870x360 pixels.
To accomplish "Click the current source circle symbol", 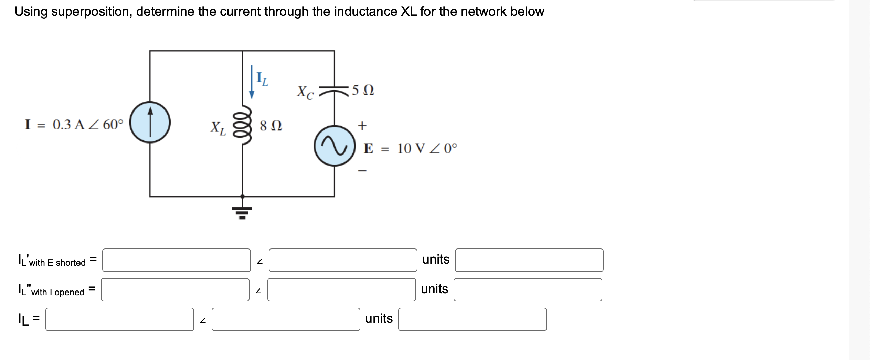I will [150, 122].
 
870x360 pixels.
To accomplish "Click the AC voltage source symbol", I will [335, 146].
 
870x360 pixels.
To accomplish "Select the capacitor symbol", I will [334, 90].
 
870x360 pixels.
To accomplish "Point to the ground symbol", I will [242, 212].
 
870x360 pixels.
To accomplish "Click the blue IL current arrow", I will [252, 82].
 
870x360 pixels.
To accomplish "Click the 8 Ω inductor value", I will [271, 126].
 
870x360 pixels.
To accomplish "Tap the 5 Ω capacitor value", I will [363, 90].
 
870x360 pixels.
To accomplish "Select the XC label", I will [305, 92].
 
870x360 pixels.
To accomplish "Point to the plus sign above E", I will [362, 125].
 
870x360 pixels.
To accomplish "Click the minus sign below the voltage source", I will [362, 170].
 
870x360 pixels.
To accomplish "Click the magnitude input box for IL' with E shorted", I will [176, 260].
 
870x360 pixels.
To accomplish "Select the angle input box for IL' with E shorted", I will [343, 260].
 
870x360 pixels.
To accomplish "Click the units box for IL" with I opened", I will [528, 290].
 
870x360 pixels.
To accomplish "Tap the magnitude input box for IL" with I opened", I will [175, 290].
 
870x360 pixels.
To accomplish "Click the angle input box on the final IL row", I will [286, 319].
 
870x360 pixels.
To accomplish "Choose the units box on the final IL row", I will [472, 319].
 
